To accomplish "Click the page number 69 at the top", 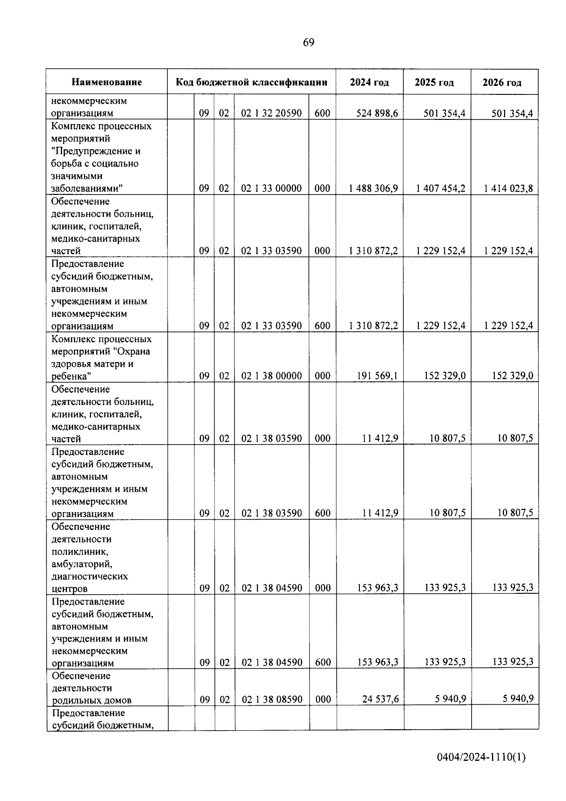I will point(308,42).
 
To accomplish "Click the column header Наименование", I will point(107,82).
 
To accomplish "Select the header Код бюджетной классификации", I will point(251,82).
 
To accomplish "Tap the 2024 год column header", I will point(369,82).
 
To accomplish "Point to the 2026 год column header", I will point(502,83).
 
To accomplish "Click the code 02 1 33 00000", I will point(271,188).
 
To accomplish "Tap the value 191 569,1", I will point(377,376).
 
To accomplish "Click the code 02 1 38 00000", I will point(271,376).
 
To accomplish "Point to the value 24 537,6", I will point(380,699).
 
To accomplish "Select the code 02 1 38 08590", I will point(272,700).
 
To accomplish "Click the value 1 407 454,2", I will point(441,188).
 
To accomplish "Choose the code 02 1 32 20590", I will point(271,113).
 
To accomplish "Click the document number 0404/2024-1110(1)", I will point(481,757).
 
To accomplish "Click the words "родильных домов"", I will point(92,700).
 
